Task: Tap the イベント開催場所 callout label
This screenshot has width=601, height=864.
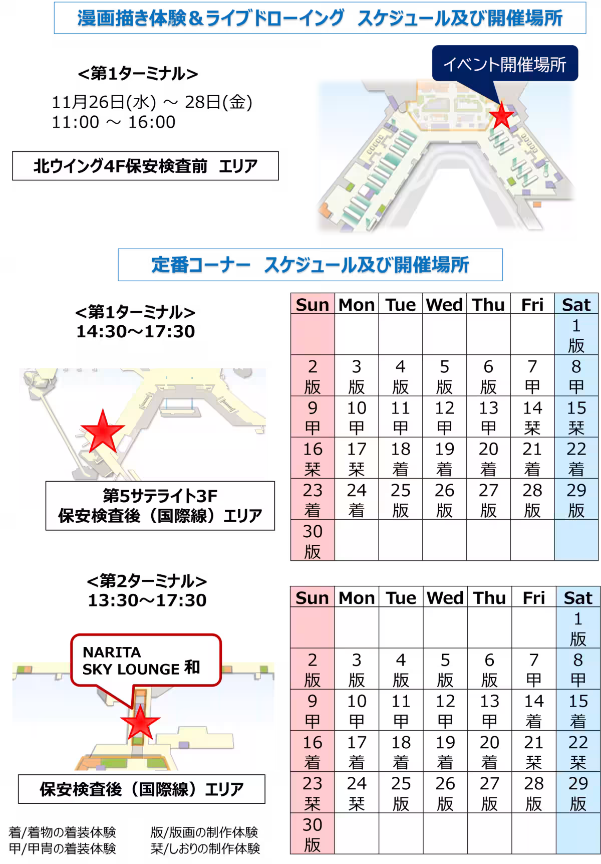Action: (x=504, y=64)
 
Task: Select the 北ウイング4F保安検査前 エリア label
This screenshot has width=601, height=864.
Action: (x=145, y=166)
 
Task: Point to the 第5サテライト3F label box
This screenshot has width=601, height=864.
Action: (x=160, y=505)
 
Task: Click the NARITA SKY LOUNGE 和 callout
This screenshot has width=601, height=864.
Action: (x=145, y=660)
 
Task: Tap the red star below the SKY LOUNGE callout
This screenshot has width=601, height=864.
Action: (x=140, y=723)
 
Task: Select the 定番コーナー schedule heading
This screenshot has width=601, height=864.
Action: (x=311, y=265)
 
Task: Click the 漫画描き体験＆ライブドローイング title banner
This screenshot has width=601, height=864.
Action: (x=320, y=19)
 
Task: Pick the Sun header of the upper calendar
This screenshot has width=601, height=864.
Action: (x=313, y=304)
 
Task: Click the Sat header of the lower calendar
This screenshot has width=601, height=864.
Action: (x=577, y=597)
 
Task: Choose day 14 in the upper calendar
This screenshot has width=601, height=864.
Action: (x=532, y=417)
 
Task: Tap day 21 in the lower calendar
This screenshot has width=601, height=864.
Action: (x=533, y=752)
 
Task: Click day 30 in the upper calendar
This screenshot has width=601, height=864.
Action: (x=313, y=541)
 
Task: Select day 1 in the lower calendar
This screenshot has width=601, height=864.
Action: (x=577, y=628)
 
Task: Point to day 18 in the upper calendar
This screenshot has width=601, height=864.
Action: (x=400, y=459)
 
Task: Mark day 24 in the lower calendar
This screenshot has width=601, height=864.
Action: (x=357, y=793)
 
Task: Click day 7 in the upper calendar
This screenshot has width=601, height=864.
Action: (x=532, y=376)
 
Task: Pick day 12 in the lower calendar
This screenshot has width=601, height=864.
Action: (x=445, y=711)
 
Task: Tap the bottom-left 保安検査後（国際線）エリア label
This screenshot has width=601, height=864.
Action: (x=142, y=789)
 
